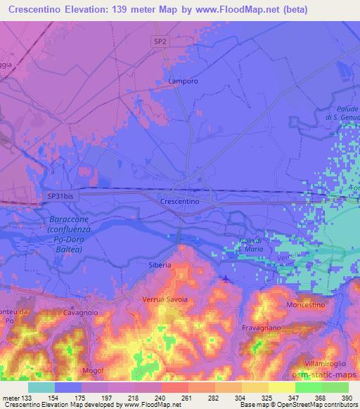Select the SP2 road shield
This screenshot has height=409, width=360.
(x=161, y=42)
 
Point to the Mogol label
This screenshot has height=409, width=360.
(x=92, y=370)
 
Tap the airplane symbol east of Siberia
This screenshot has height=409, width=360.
(x=224, y=280)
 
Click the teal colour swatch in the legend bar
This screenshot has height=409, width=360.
(x=41, y=387)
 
